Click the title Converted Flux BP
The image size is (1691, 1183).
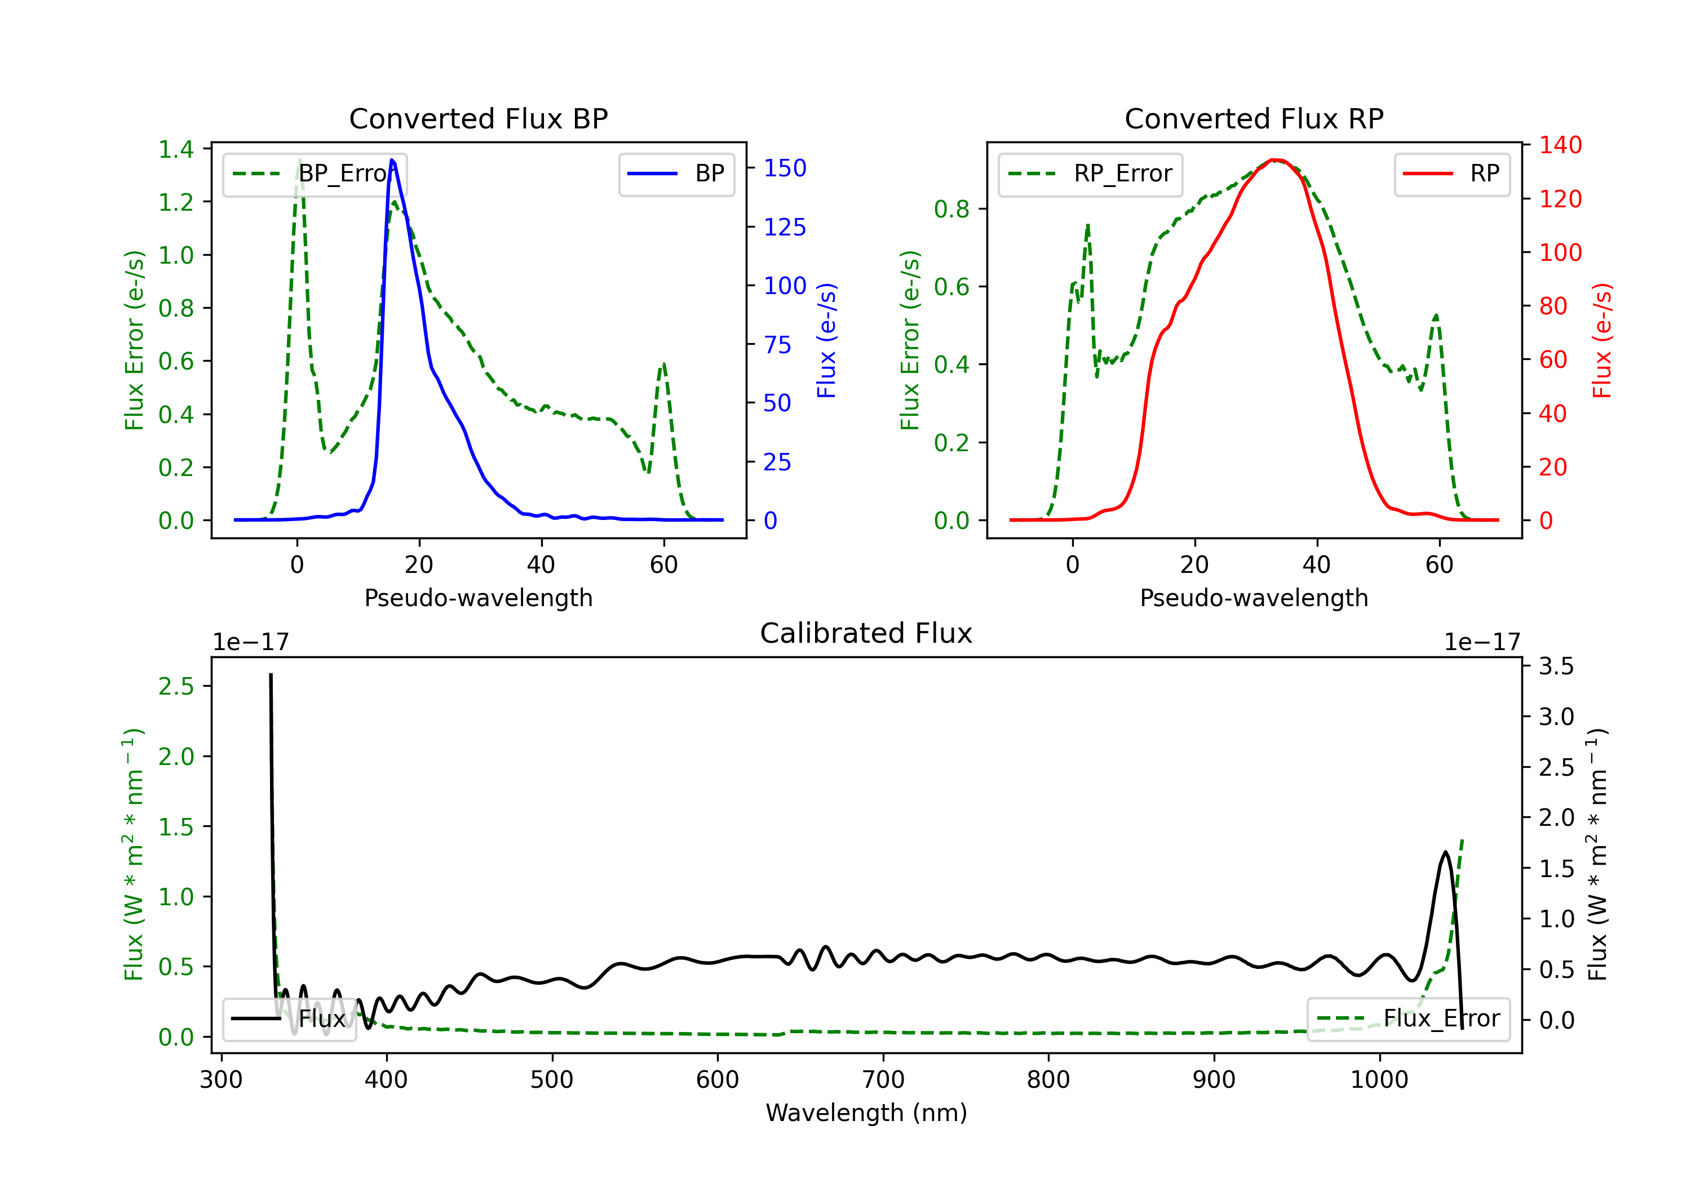(x=478, y=118)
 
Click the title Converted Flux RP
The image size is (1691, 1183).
(x=1254, y=118)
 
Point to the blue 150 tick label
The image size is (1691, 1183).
(x=785, y=168)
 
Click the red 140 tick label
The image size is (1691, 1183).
(x=1560, y=145)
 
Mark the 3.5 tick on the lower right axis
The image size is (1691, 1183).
(x=1556, y=666)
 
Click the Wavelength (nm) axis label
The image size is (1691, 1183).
(x=866, y=1113)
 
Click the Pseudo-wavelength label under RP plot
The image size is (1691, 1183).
(x=1254, y=598)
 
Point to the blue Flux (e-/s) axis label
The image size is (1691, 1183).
(x=826, y=340)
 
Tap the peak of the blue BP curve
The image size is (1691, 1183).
(x=392, y=160)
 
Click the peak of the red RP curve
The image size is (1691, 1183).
(x=1276, y=160)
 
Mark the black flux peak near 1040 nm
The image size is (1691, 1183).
(x=1445, y=852)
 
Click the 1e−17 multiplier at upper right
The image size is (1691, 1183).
(x=1482, y=643)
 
